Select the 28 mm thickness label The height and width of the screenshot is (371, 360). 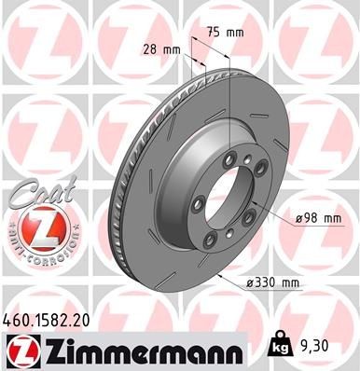click(160, 48)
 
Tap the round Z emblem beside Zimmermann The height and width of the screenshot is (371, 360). click(21, 349)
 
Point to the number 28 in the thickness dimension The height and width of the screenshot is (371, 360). click(151, 48)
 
